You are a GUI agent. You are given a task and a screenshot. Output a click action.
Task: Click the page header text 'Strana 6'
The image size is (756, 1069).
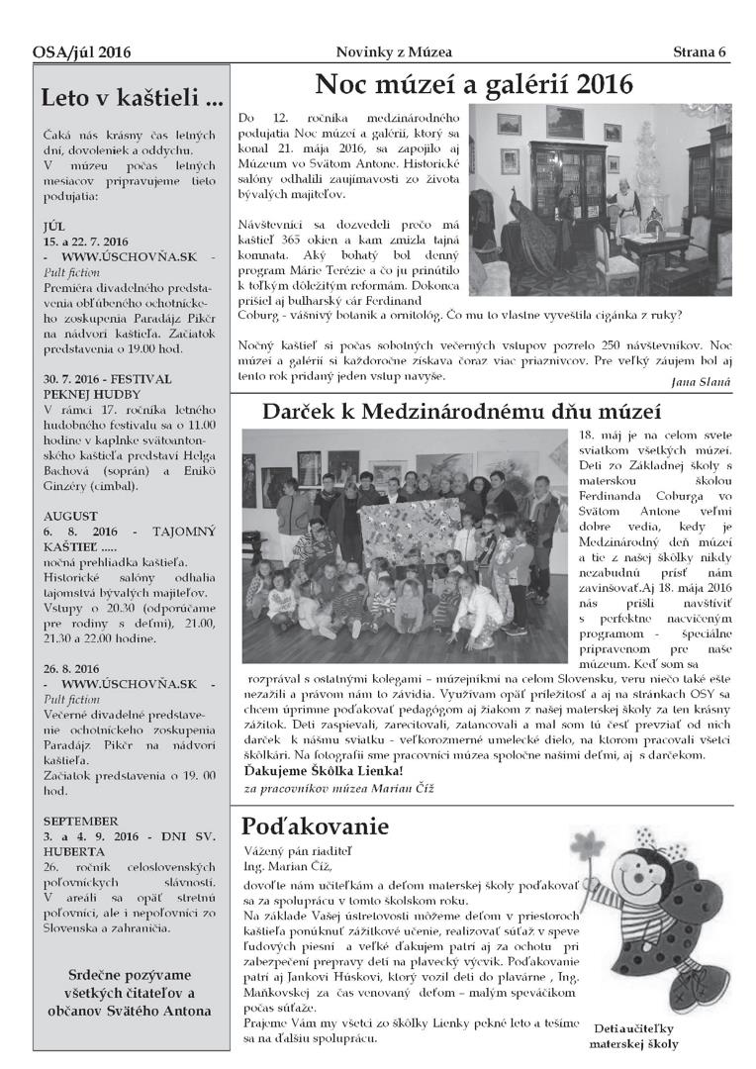pos(700,51)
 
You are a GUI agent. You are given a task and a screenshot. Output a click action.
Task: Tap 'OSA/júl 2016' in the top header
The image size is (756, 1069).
pos(81,52)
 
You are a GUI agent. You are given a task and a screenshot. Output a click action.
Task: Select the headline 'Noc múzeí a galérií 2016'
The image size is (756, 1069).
pos(473,84)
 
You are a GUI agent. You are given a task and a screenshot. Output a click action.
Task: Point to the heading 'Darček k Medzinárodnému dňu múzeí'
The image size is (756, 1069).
pos(476,410)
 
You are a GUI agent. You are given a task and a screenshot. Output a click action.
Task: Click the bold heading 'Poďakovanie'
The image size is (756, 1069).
pos(316,826)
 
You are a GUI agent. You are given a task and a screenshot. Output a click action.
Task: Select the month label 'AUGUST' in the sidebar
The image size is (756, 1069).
pos(70,516)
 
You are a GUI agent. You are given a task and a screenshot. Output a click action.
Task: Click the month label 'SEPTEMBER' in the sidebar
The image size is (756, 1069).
pos(81,822)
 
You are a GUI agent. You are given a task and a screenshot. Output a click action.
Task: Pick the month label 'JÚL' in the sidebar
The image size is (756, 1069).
pos(56,225)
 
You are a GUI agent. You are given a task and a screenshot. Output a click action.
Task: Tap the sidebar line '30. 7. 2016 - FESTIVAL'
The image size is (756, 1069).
pos(107,378)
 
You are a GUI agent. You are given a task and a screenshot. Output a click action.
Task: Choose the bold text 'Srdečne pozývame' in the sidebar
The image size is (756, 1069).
pos(130,974)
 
